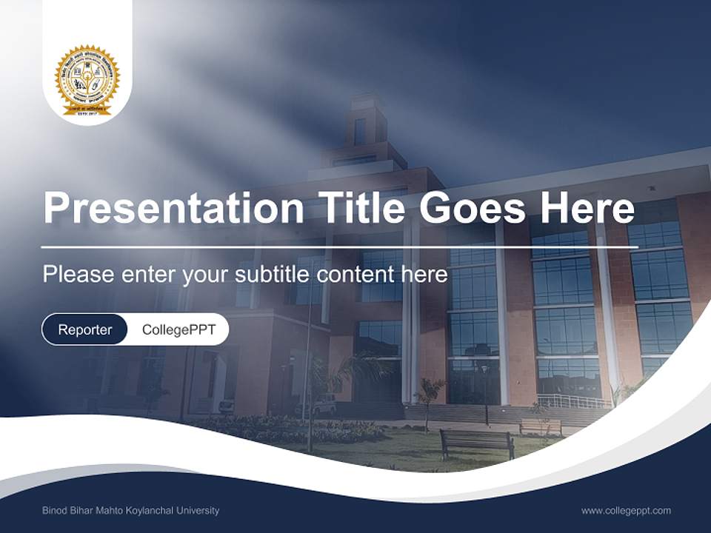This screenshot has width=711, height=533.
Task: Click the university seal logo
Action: tap(87, 80)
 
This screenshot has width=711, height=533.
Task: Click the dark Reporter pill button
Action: tap(84, 329)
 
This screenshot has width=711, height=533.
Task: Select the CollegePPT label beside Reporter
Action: tap(178, 329)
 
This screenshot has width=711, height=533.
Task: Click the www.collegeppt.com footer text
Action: tap(626, 510)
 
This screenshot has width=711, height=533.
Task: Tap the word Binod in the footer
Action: tap(56, 510)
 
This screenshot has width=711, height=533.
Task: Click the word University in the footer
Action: tap(199, 510)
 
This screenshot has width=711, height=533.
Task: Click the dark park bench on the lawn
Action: tap(477, 443)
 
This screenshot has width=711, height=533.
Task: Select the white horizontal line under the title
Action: tap(339, 247)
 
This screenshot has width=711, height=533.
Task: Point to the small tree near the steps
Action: tap(430, 393)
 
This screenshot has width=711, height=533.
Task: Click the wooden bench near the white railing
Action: tap(540, 426)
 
